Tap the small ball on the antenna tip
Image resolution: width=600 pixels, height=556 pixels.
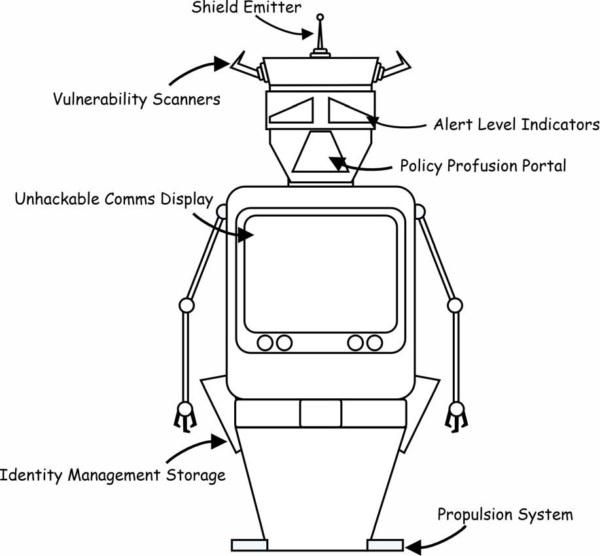(x=320, y=17)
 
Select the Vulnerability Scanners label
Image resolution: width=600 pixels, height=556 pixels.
(x=136, y=99)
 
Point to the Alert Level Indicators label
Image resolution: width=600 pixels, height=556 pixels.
(x=516, y=124)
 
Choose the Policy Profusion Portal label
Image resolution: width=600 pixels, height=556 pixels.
(x=483, y=165)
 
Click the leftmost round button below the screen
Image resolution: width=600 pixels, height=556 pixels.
(x=266, y=341)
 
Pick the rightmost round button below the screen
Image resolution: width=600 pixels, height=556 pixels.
(x=374, y=341)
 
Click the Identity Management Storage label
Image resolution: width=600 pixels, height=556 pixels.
(x=113, y=474)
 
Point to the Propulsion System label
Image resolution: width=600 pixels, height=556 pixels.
(x=505, y=514)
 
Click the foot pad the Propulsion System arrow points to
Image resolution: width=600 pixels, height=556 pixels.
(x=385, y=545)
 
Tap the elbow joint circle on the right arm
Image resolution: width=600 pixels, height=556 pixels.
(x=455, y=305)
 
